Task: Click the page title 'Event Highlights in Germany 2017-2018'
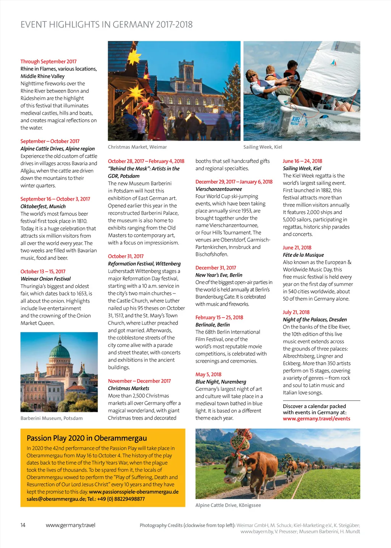(x=107, y=25)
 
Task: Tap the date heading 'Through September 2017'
(x=48, y=62)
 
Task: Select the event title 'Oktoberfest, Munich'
(x=43, y=206)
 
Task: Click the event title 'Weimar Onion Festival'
(x=45, y=279)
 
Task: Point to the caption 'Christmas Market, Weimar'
(x=137, y=147)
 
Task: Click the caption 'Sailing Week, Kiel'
(x=263, y=147)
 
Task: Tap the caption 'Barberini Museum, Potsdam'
(x=52, y=418)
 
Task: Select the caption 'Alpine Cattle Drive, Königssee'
(x=228, y=505)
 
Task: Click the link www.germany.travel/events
(x=316, y=419)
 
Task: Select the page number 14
(x=23, y=525)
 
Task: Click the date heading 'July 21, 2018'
(x=296, y=312)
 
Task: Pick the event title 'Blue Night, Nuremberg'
(x=221, y=382)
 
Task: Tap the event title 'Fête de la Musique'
(x=303, y=255)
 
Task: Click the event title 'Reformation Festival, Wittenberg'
(x=144, y=264)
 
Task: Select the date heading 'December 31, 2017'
(x=216, y=268)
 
